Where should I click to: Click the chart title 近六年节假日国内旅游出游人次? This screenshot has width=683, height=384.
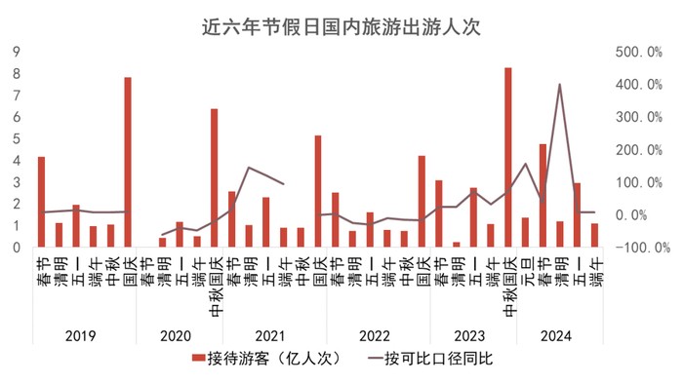pos(341,26)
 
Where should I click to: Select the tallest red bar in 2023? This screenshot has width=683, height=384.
pos(507,156)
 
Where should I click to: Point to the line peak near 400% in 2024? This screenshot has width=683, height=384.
pos(559,85)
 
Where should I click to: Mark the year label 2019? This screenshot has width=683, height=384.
pos(81,335)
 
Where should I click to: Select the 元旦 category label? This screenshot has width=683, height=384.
pos(525,268)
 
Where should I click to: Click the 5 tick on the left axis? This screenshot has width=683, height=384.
pos(18,138)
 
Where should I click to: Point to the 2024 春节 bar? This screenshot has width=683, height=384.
pos(542,196)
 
